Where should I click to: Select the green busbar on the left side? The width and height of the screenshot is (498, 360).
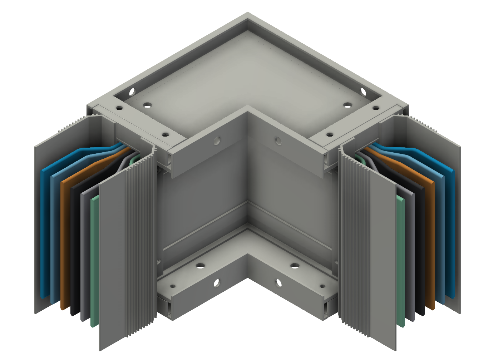[x=95, y=261]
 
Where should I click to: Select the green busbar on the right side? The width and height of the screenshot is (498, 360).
[x=400, y=261]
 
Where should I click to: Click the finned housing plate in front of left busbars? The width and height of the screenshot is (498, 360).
[x=125, y=250]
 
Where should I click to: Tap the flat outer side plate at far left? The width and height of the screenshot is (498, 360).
[x=38, y=214]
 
